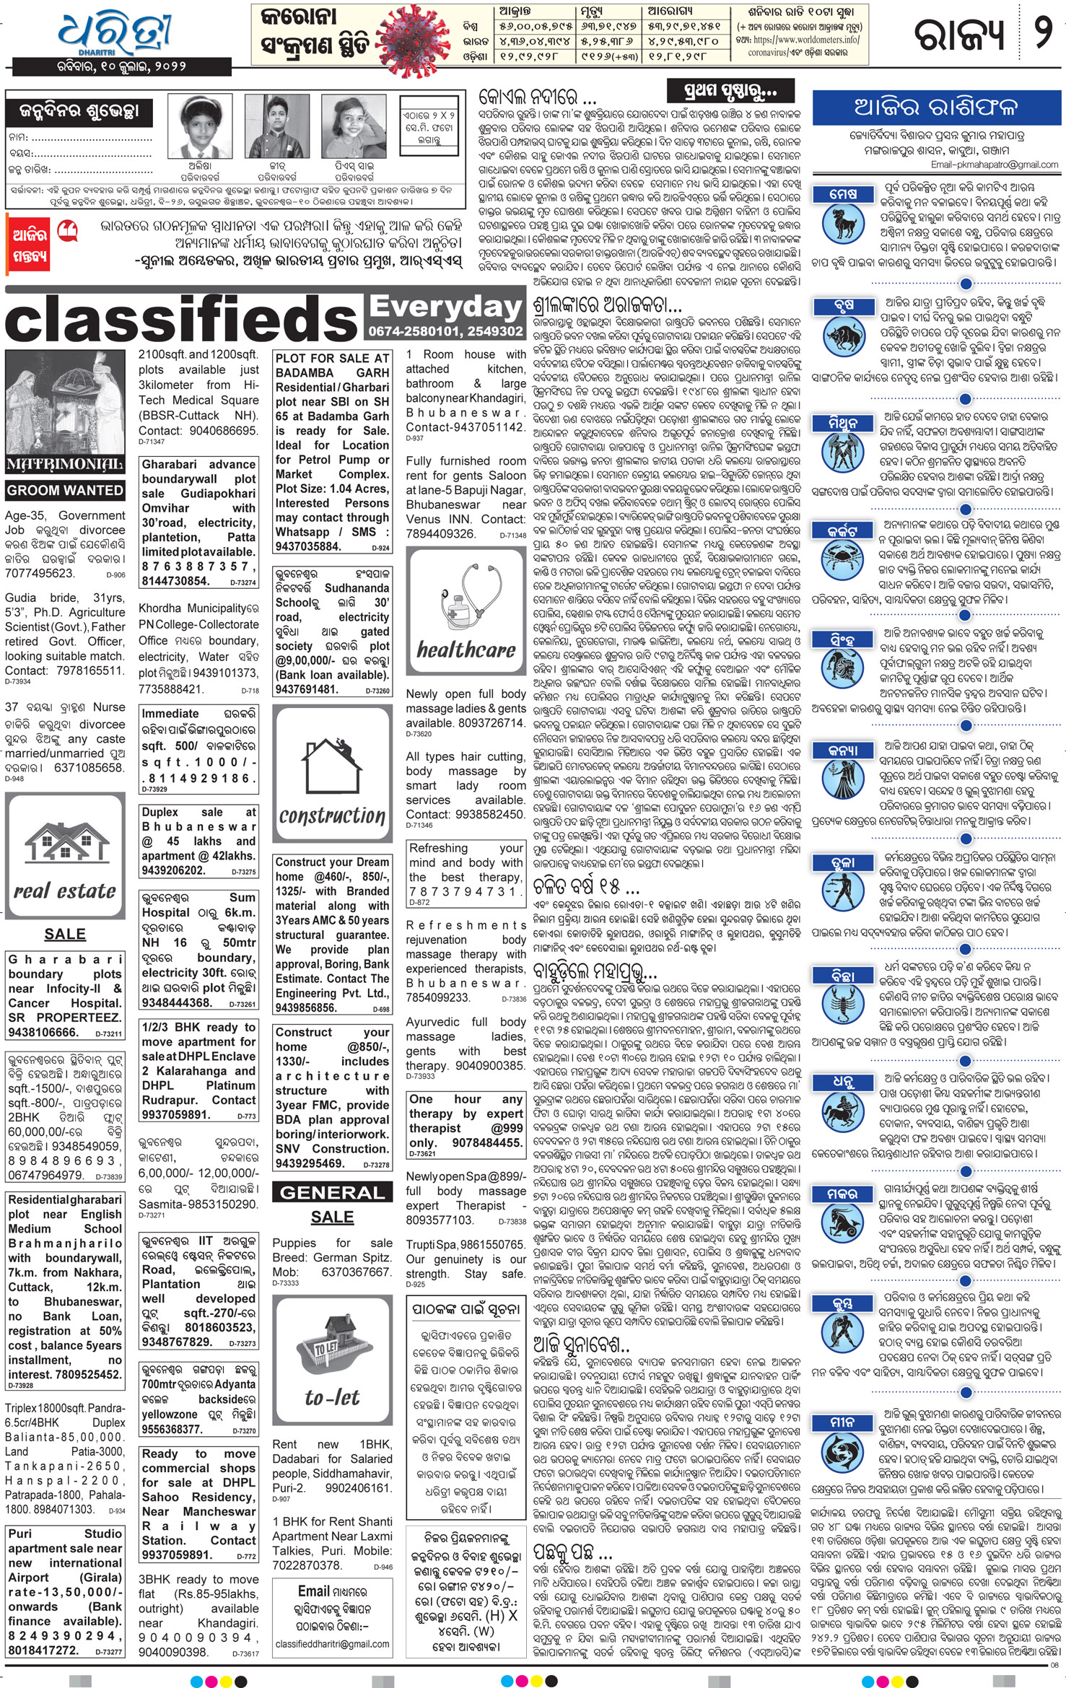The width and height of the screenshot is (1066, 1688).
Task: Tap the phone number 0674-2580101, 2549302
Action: pos(445,331)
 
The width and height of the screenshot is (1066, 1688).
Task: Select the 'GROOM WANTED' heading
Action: pos(65,491)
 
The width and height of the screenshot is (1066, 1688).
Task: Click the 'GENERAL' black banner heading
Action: pos(332,1192)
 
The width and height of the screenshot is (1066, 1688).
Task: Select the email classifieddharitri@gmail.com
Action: pos(332,1644)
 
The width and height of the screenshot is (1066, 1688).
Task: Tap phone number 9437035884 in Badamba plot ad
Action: pos(308,546)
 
